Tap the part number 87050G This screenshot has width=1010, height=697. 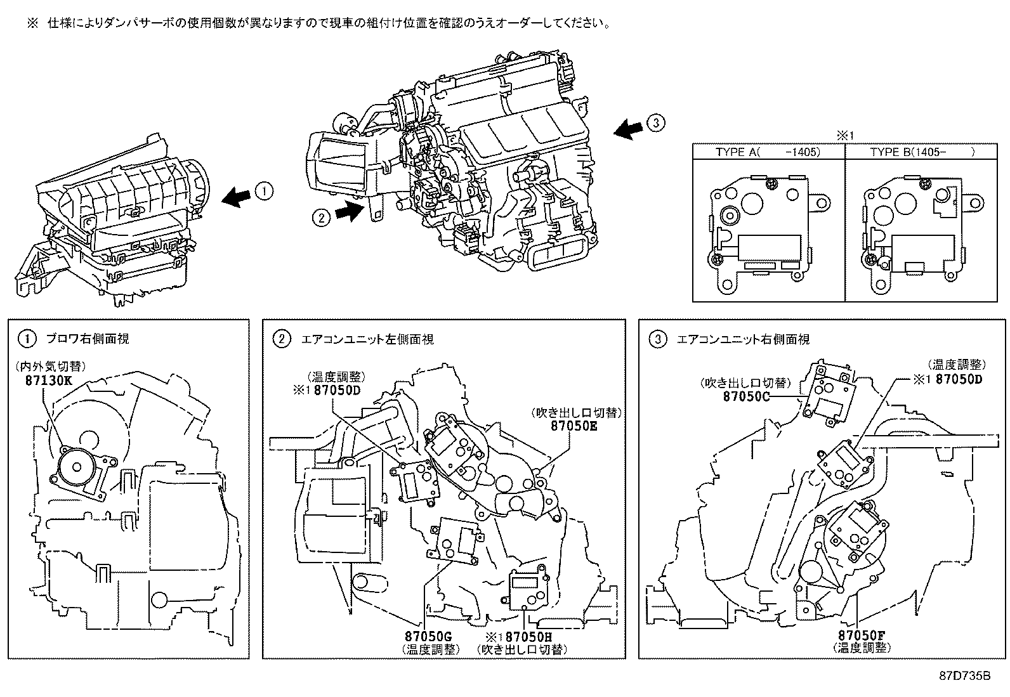428,636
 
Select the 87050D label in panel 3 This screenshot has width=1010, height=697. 959,379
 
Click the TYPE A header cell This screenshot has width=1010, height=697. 768,152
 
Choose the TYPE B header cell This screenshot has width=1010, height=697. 922,152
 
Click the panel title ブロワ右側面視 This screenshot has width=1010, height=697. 87,339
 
